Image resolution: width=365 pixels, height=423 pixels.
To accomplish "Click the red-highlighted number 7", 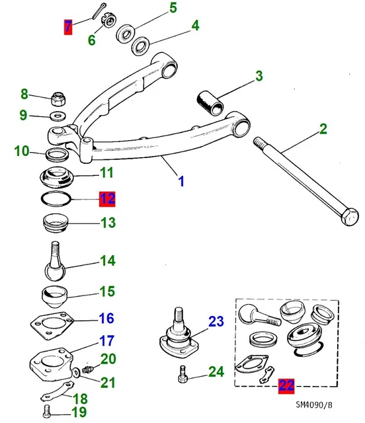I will point(67,27).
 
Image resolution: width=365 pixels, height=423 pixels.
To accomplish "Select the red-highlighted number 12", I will point(107,198).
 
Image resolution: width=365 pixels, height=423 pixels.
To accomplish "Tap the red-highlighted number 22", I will point(287,385).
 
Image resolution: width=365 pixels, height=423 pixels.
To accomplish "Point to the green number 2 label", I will point(323,130).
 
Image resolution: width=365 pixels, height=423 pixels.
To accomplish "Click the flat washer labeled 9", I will point(58,116).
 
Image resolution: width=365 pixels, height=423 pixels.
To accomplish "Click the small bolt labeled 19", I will point(45,412).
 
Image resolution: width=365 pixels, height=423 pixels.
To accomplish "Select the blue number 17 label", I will point(107,342).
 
